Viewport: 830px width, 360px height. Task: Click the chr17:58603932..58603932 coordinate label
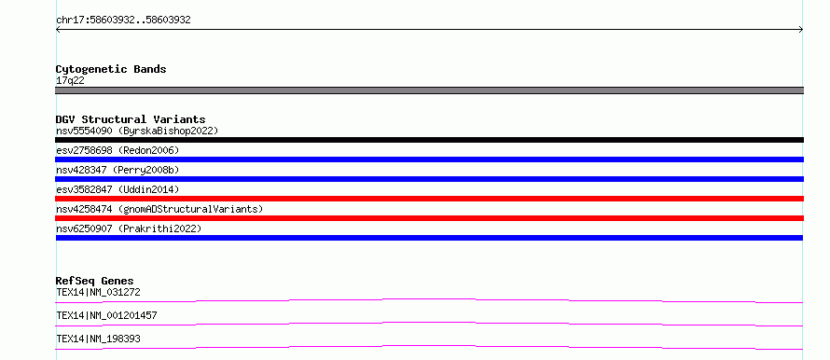[x=123, y=21]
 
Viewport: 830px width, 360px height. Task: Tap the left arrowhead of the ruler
[x=57, y=30]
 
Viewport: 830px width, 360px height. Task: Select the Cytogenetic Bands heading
[x=111, y=69]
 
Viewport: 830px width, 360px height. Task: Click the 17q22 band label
[x=70, y=81]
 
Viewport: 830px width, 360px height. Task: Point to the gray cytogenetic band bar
[x=429, y=90]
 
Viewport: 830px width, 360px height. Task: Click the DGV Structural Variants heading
[x=131, y=119]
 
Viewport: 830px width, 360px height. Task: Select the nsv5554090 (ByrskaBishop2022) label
[x=137, y=131]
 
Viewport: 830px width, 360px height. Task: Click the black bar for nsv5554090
[x=429, y=140]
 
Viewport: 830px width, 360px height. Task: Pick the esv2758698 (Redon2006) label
[x=118, y=150]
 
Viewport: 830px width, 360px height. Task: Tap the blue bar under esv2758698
[x=429, y=159]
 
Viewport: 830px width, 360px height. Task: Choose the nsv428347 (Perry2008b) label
[x=118, y=170]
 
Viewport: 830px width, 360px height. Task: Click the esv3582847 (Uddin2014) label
[x=118, y=189]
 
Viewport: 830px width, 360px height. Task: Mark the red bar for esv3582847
[x=429, y=199]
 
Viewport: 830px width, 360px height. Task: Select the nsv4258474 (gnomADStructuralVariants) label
[x=159, y=209]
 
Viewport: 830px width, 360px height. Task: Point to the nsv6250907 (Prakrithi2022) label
[x=129, y=228]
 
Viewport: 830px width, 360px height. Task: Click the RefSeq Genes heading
[x=95, y=281]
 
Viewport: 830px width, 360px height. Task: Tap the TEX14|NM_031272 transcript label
[x=98, y=292]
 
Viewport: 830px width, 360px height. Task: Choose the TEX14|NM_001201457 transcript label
[x=106, y=315]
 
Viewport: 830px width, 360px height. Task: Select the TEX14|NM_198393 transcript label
[x=98, y=339]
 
